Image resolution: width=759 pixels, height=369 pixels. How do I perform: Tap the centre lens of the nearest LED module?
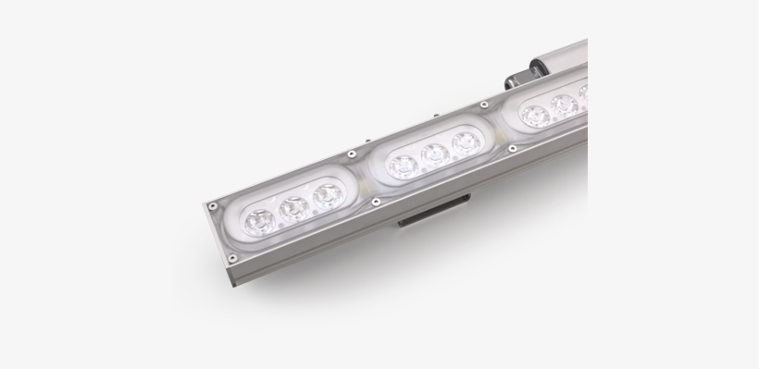pos(293,208)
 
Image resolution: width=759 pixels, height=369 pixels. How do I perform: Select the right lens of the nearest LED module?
pos(326,196)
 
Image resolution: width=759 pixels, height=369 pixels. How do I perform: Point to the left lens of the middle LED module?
pos(402,166)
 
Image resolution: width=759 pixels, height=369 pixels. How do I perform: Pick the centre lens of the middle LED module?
pos(433,154)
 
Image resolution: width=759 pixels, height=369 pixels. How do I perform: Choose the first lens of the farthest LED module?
pos(534,116)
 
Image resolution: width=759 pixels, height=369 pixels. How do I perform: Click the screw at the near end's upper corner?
pos(212,204)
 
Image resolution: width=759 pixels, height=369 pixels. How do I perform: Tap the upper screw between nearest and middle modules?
pos(352,154)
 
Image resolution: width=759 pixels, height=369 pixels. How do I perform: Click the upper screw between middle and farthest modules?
pos(489,104)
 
